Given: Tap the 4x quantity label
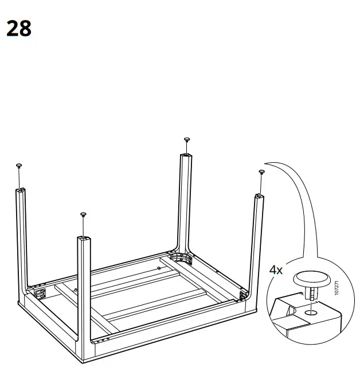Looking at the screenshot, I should pyautogui.click(x=276, y=269).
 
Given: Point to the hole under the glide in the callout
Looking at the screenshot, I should pyautogui.click(x=310, y=312).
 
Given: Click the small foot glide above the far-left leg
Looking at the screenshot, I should pyautogui.click(x=19, y=166).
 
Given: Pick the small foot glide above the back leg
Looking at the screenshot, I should pyautogui.click(x=186, y=139).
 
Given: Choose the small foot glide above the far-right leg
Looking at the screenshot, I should pyautogui.click(x=261, y=171).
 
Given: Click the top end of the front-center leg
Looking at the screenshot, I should pyautogui.click(x=84, y=239).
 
